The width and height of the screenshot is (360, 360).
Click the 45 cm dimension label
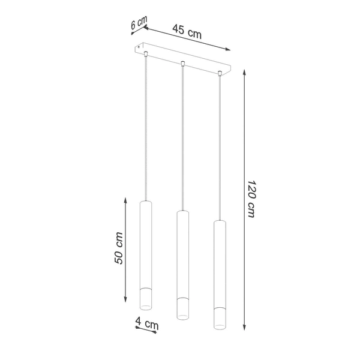pyautogui.click(x=187, y=32)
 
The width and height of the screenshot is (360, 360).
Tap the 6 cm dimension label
pyautogui.click(x=139, y=23)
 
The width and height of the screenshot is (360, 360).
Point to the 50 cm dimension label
pyautogui.click(x=119, y=248)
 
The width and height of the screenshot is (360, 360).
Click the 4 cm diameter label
pyautogui.click(x=147, y=325)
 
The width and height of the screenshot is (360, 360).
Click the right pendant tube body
pyautogui.click(x=220, y=263)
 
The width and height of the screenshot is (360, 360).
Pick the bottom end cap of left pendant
pyautogui.click(x=146, y=299)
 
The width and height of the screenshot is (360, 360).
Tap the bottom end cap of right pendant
pyautogui.click(x=220, y=320)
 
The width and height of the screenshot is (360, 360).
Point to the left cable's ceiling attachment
pyautogui.click(x=146, y=55)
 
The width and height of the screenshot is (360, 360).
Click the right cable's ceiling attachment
pyautogui.click(x=220, y=74)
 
